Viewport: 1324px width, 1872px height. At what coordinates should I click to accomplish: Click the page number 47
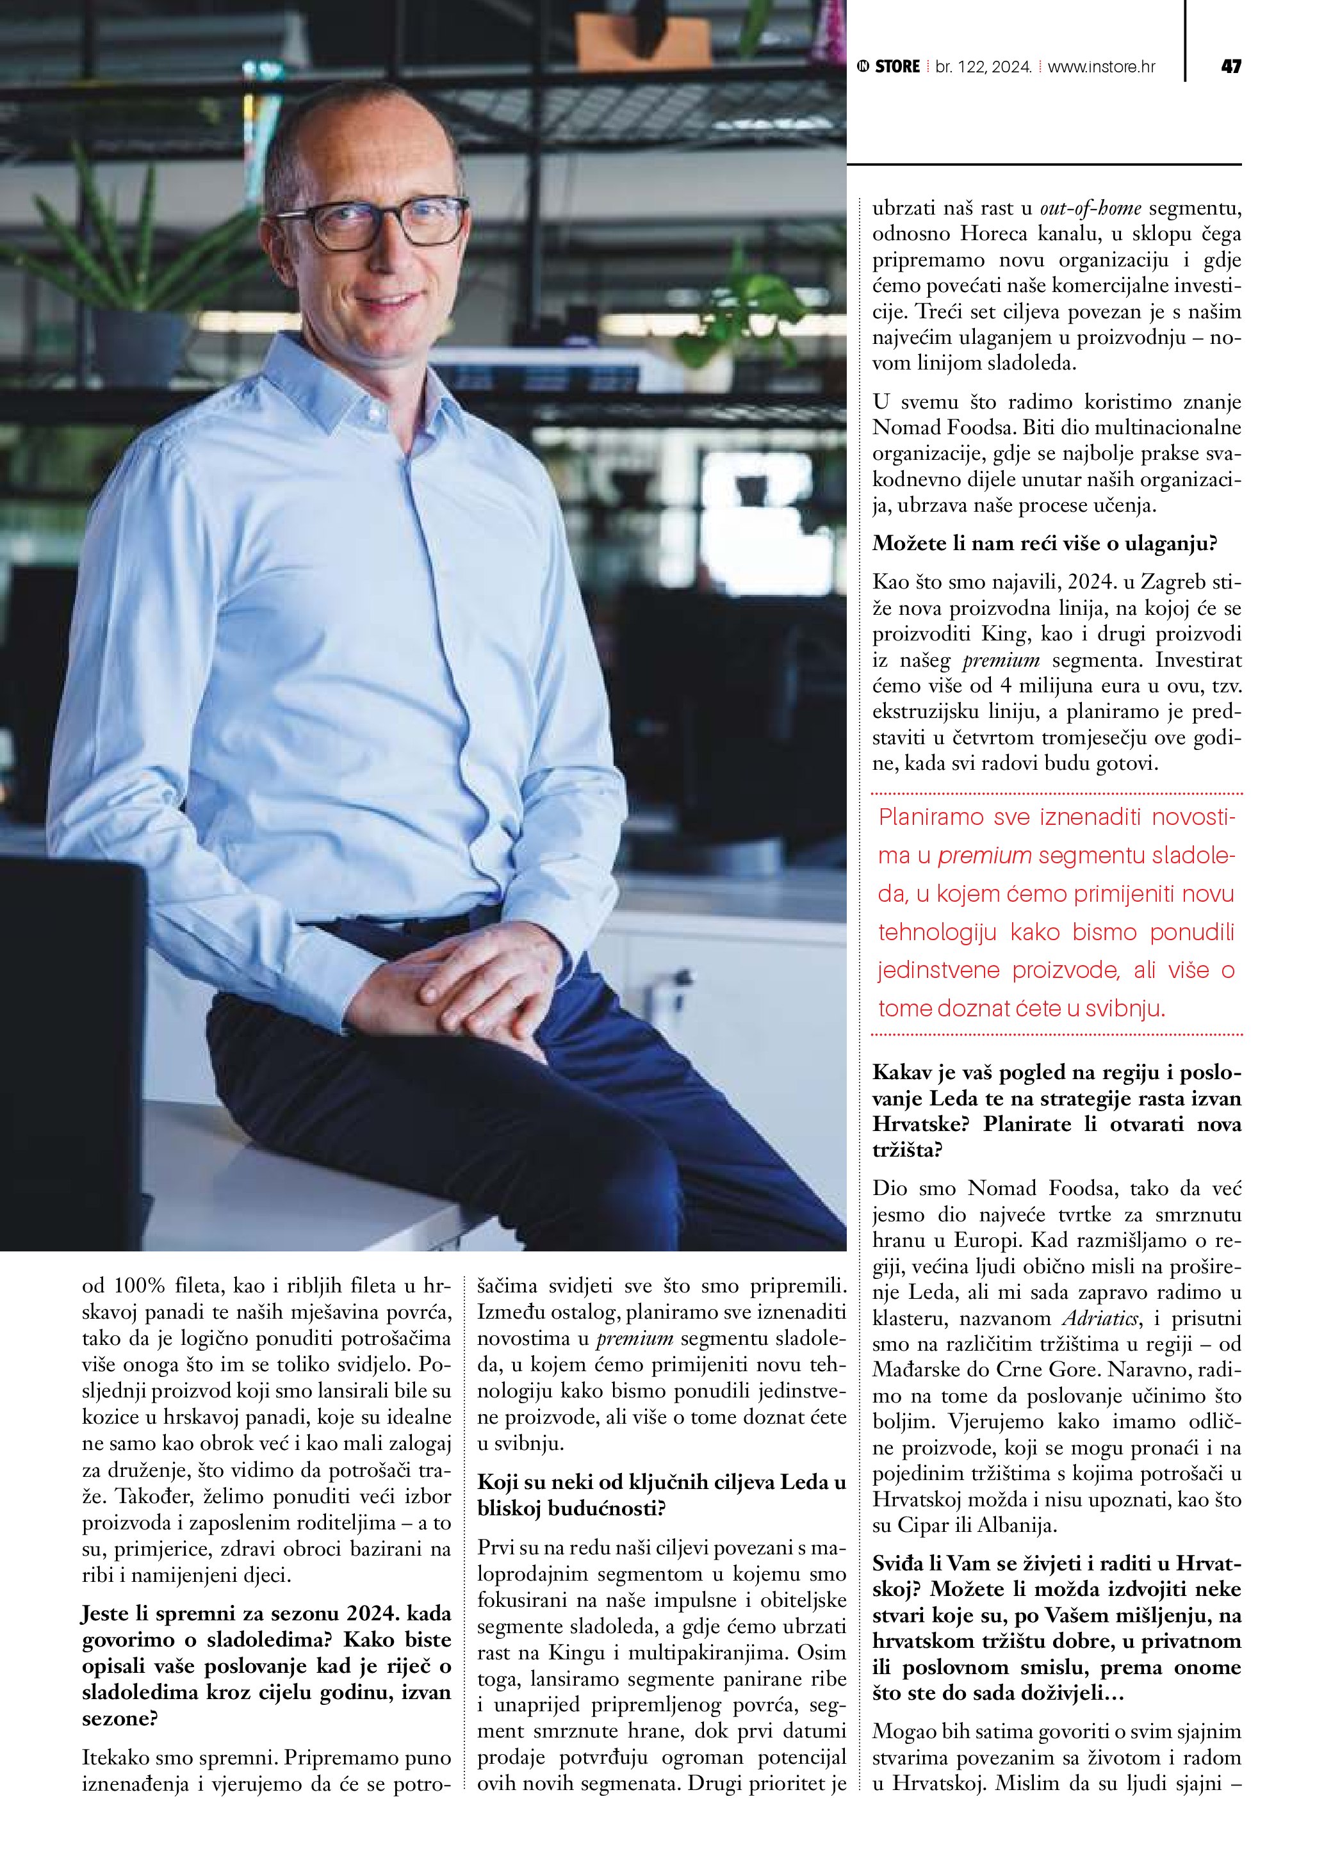pos(1230,67)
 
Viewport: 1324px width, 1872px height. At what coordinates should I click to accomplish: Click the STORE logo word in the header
pos(897,67)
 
